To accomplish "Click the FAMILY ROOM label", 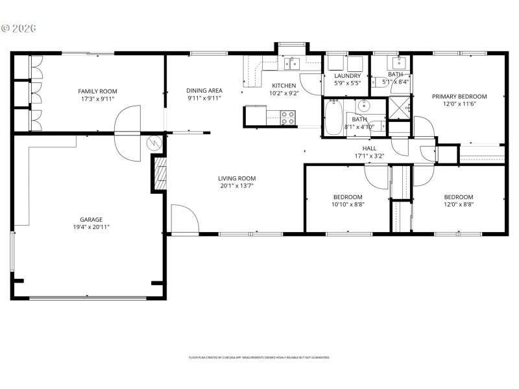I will coord(97,91).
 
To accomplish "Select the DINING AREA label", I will coord(204,91).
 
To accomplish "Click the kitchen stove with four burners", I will coord(288,117).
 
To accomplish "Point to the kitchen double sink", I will coord(291,63).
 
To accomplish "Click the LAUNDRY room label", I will coord(347,76).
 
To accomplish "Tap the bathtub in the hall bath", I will coord(333,118).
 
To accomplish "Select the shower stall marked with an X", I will coord(399,108).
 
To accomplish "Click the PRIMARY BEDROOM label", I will coord(459,97).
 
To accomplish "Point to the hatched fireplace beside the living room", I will coord(159,174).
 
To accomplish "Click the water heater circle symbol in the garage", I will coord(156,144).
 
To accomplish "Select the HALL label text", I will coord(370,148).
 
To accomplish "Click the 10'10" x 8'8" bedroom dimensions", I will coord(348,205).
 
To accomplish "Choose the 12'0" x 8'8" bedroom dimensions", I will coord(458,205).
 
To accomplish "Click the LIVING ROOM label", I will coord(236,178).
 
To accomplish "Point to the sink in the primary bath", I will coord(397,63).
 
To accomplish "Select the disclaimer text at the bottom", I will coord(259,357).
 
